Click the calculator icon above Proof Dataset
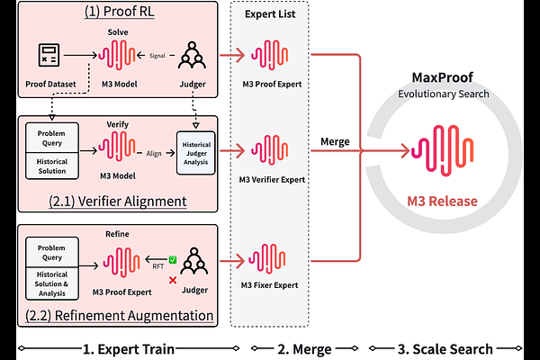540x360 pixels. pos(49,55)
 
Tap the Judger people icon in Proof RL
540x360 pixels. pos(193,55)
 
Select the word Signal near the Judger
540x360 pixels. pos(157,56)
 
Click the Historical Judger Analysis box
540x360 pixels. pos(196,153)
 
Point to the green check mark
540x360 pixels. pos(173,260)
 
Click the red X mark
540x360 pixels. pos(173,280)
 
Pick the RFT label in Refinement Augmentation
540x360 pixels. pos(158,266)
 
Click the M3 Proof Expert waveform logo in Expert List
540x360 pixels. pos(269,55)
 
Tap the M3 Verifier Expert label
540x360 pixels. pos(272,179)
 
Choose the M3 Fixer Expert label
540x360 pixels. pos(269,285)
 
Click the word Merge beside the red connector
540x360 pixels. pos(335,141)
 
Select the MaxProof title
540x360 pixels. pos(443,77)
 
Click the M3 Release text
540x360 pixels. pos(442,202)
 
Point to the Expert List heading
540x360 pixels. pos(270,14)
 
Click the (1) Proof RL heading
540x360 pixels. pos(119,12)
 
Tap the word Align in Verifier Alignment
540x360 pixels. pos(154,153)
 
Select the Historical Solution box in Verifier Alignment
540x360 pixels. pos(52,166)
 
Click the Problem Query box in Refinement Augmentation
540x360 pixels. pos(52,252)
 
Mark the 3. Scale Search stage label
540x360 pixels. pos(445,349)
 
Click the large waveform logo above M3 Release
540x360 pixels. pos(442,150)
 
